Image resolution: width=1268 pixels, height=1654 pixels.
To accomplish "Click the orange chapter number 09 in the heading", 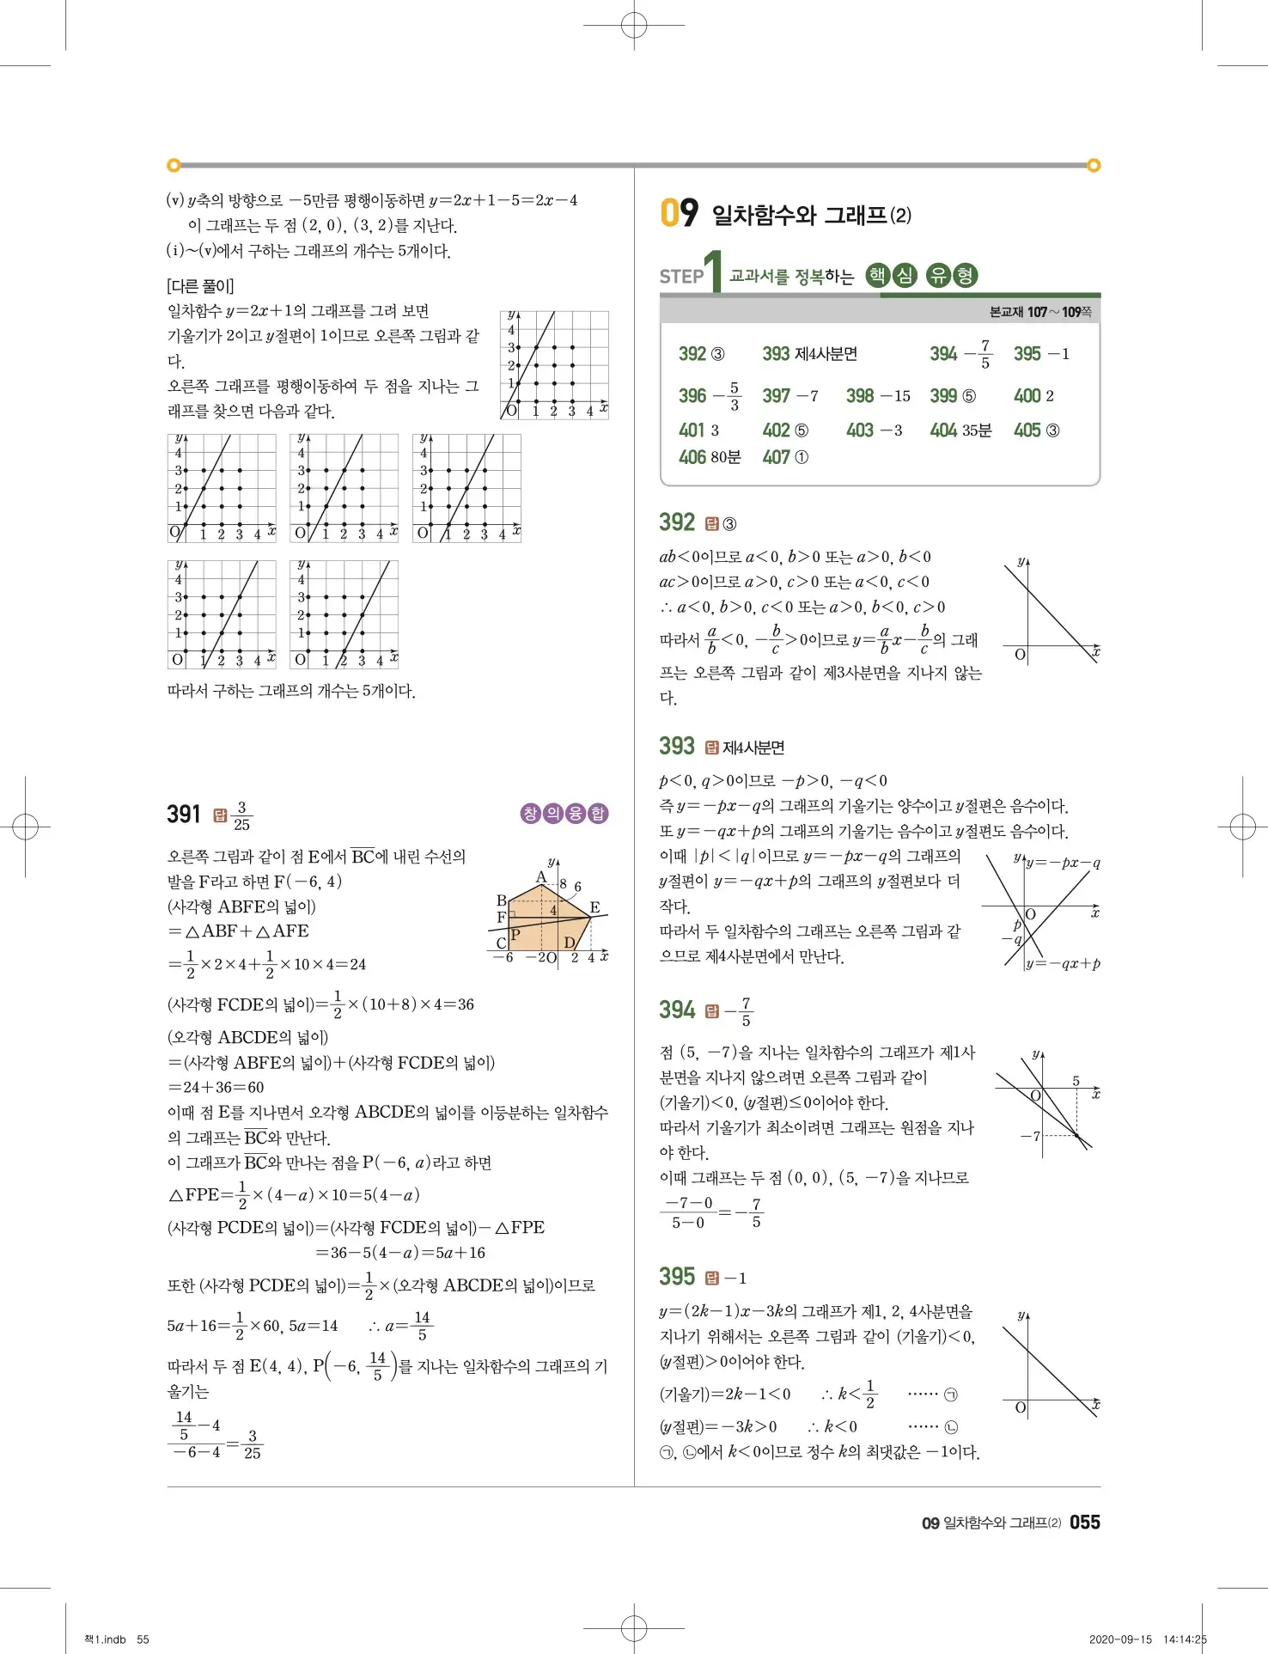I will point(679,212).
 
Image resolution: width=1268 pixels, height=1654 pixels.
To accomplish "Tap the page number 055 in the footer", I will point(1084,1522).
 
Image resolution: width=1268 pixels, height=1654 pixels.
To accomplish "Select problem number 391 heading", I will point(183,814).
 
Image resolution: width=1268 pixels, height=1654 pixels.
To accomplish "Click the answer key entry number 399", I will point(942,396).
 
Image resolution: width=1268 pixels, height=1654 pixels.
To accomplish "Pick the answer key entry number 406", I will point(692,457).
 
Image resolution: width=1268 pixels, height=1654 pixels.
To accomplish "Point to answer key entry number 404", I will point(942,430).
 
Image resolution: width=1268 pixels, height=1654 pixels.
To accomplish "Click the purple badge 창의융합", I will point(564,813).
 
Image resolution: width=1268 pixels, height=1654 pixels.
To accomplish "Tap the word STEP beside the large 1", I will point(681,277).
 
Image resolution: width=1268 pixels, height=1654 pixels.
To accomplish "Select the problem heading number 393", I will point(676,746).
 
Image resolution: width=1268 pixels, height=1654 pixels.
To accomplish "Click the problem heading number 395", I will point(676,1277).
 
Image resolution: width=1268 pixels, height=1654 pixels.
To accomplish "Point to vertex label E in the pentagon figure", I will point(594,907).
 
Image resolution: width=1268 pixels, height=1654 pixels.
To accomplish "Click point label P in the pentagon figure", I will point(515,935).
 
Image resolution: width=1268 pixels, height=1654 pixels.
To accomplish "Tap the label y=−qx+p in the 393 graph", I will point(1064,964).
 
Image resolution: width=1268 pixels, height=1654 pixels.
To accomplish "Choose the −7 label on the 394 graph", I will point(1030,1136).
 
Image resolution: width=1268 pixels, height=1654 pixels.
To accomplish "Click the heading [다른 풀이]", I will point(200,286).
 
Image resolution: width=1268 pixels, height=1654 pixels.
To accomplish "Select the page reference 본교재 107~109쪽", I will point(1039,312).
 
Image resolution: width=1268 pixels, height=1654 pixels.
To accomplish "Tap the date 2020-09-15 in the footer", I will point(1119,1639).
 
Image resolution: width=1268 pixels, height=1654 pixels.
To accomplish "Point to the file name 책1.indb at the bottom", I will point(105,1639).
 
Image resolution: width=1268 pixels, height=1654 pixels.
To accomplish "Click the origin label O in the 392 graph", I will point(1020,655).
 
